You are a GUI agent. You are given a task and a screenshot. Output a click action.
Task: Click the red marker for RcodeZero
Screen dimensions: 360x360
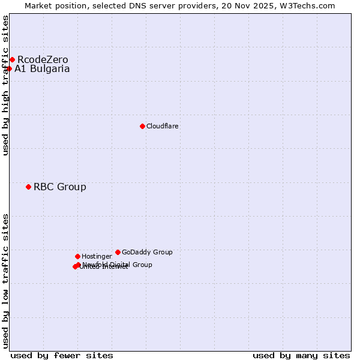click(x=12, y=59)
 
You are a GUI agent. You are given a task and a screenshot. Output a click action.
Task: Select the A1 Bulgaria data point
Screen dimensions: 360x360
click(x=9, y=68)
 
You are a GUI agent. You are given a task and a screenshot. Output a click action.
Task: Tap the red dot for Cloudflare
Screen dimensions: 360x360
click(x=142, y=126)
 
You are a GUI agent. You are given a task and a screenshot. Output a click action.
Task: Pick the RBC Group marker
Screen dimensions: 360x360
click(x=28, y=187)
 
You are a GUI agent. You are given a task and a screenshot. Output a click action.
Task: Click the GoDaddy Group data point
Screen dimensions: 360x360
click(x=118, y=252)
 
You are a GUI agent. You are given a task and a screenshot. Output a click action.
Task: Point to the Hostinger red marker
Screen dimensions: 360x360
click(x=77, y=256)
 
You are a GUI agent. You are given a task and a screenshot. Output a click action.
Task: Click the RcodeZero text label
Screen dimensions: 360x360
click(x=43, y=59)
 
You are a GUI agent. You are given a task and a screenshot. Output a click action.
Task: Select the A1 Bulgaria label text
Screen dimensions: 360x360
click(x=42, y=68)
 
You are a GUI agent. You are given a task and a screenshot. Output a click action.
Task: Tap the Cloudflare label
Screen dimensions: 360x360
click(x=163, y=126)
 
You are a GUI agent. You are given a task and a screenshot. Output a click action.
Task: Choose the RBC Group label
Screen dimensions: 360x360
click(x=60, y=187)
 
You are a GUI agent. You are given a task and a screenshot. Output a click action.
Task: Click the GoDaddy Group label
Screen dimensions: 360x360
click(x=147, y=252)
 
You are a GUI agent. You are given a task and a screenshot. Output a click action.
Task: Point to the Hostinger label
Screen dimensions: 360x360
click(x=97, y=256)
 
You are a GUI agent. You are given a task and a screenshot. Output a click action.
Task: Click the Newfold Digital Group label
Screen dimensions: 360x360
click(x=118, y=265)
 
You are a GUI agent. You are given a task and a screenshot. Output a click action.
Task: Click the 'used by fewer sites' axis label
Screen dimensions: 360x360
click(x=62, y=355)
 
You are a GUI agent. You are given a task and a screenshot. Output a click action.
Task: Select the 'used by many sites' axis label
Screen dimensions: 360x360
click(x=301, y=355)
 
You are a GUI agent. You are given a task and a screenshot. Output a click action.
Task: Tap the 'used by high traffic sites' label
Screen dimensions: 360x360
click(x=5, y=85)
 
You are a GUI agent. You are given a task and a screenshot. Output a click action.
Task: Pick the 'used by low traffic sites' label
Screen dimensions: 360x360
click(x=5, y=280)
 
